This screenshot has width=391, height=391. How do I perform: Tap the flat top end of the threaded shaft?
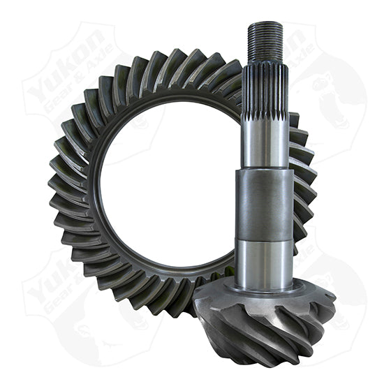point(265,24)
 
